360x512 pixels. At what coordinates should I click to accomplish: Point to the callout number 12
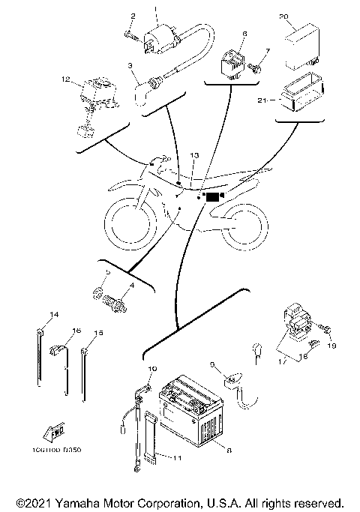click(x=66, y=78)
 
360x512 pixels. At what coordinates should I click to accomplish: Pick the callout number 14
click(x=33, y=313)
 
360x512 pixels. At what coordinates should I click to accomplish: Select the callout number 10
click(x=153, y=369)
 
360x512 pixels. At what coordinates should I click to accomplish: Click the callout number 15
click(x=97, y=333)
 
